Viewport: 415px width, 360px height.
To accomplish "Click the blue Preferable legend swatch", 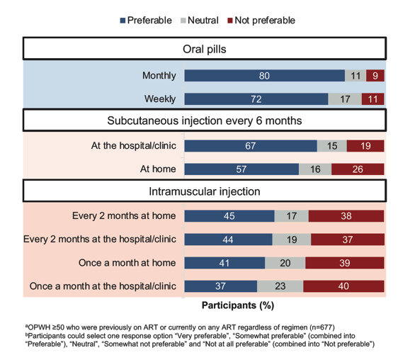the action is (x=123, y=21).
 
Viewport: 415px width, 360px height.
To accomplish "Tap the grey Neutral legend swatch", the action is (x=183, y=21).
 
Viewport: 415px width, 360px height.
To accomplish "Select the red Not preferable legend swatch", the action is (x=230, y=21).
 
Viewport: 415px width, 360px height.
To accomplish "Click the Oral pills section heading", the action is (x=205, y=50).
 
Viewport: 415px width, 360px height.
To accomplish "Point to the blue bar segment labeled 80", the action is (x=265, y=76).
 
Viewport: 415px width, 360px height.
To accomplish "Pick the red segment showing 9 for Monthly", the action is (x=375, y=76).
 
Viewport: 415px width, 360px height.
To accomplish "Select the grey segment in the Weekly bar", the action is (x=345, y=99).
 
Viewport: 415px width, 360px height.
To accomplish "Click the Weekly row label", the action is (x=160, y=99).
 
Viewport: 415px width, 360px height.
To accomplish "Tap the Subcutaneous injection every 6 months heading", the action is (x=205, y=120).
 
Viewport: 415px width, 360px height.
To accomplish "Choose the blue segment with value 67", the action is (x=251, y=146).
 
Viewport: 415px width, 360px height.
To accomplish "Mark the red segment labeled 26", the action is (x=358, y=169).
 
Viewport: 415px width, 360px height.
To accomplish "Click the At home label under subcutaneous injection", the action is (x=158, y=169).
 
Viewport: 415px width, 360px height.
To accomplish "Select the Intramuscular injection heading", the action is (x=205, y=191).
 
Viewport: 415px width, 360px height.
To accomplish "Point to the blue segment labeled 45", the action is (x=229, y=216).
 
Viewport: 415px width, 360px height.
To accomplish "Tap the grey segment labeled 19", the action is (x=292, y=240).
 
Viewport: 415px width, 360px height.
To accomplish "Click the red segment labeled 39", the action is (x=345, y=263).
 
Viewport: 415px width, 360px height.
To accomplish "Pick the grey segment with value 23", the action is (x=280, y=286).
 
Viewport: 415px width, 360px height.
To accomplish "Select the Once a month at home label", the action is (x=127, y=263).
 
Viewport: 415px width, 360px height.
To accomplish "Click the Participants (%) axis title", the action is (x=238, y=305).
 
